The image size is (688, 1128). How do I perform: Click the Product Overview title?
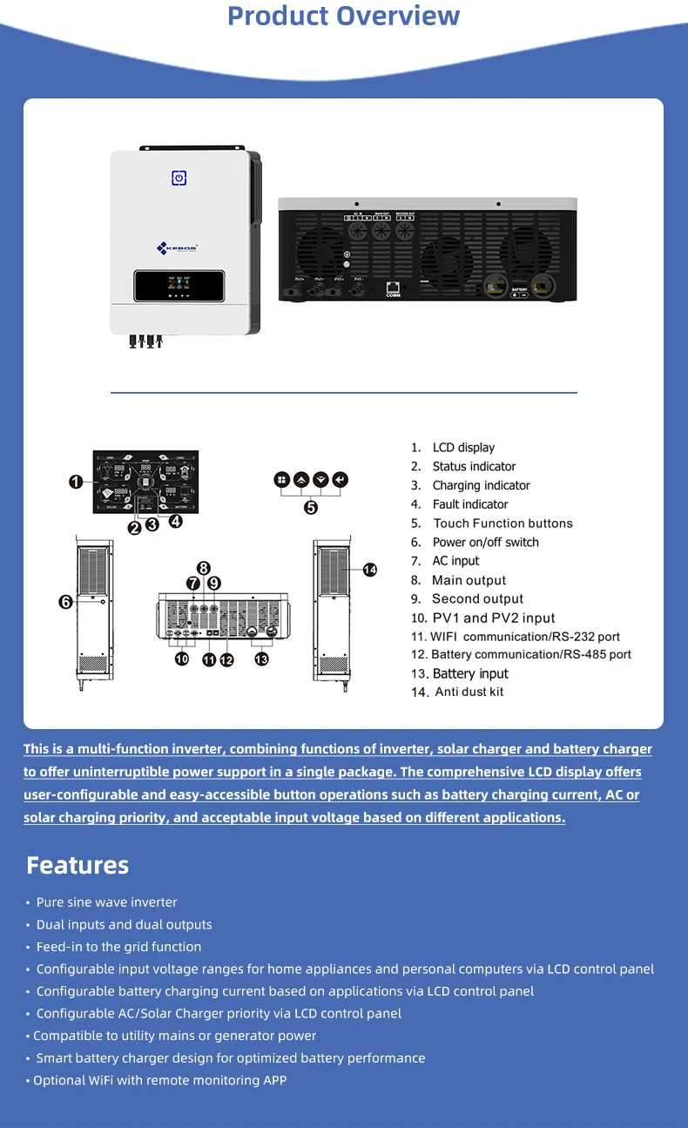343,16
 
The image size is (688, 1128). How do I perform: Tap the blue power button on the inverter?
179,178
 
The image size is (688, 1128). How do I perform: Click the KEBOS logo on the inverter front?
178,248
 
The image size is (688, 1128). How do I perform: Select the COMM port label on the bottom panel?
393,296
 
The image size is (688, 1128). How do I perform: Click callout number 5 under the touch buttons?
311,508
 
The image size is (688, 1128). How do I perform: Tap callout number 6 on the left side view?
66,601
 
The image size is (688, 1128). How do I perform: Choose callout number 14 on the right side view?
370,570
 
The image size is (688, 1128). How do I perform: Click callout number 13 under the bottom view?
262,659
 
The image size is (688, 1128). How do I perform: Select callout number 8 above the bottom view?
203,568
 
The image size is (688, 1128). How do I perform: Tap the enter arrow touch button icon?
340,480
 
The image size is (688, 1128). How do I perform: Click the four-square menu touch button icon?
281,480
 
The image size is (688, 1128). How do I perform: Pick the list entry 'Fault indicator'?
470,504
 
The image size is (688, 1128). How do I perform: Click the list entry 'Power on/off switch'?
485,542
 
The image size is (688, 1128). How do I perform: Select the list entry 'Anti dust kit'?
469,692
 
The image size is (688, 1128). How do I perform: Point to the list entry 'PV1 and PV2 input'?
493,618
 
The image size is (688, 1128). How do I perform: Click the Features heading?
78,865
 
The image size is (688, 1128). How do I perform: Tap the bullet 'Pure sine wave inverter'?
106,902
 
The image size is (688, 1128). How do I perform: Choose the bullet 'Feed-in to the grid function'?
118,947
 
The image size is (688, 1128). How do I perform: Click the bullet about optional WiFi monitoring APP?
159,1080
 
